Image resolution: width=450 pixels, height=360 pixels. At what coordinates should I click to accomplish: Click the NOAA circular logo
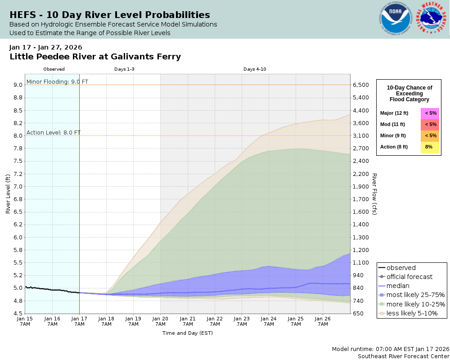coord(396,19)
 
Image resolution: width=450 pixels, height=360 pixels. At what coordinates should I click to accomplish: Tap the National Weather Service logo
coord(432,19)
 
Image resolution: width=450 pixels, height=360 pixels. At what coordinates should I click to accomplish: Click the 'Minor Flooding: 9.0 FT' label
coord(57,81)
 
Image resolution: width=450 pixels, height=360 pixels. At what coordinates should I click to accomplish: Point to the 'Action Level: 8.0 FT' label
coord(54,132)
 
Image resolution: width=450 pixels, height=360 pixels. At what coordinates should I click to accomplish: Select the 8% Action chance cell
coord(430,147)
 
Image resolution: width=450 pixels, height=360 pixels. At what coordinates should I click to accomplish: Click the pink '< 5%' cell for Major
coord(430,113)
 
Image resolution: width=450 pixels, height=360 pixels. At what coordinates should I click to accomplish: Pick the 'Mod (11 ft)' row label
coord(392,124)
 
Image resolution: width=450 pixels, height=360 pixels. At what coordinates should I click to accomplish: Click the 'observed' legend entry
coord(401,268)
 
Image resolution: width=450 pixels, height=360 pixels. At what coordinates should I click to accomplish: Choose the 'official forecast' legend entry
coord(409,277)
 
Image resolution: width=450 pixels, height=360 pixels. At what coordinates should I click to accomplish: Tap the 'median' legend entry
coord(398,286)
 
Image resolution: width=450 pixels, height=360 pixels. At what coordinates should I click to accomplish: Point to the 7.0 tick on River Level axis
coord(17,186)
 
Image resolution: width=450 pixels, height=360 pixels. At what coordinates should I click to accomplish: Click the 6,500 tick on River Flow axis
coord(361,85)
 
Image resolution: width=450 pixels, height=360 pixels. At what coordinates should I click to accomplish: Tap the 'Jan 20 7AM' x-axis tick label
coord(160,321)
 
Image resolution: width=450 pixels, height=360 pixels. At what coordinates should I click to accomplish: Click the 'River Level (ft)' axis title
coord(8,194)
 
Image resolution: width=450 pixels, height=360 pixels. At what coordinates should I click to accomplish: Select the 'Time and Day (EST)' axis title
coord(187,333)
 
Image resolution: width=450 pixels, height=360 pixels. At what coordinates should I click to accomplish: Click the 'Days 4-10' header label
coord(255,69)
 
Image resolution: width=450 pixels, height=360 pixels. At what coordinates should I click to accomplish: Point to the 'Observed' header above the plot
coord(54,69)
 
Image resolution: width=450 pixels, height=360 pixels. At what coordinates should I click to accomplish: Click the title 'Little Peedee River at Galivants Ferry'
coord(95,57)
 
